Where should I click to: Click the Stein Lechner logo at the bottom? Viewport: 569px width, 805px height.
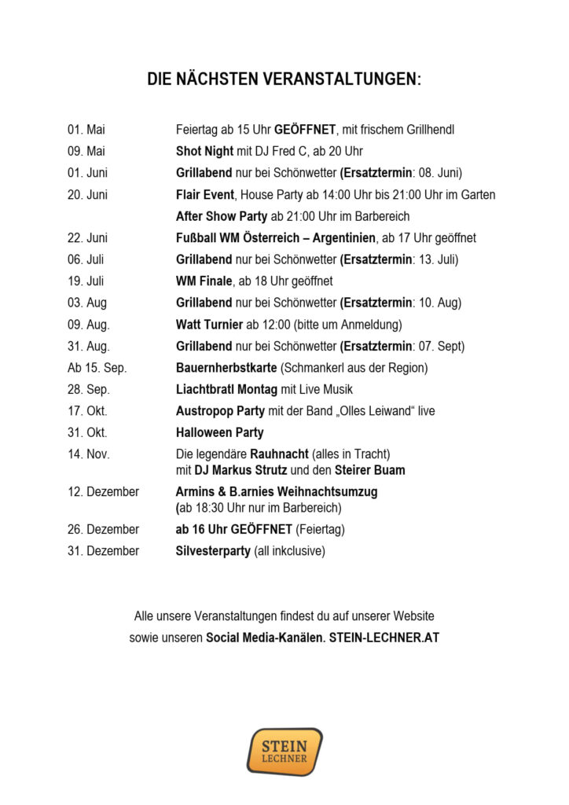pyautogui.click(x=284, y=751)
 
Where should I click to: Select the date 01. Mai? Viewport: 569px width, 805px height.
pyautogui.click(x=86, y=130)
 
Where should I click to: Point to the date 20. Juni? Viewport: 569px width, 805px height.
pyautogui.click(x=87, y=194)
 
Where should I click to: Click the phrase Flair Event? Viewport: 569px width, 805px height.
pyautogui.click(x=205, y=194)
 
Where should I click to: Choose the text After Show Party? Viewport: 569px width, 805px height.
pyautogui.click(x=222, y=216)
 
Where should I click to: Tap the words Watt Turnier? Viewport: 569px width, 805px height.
pyautogui.click(x=209, y=324)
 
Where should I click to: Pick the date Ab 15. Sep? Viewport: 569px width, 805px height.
pyautogui.click(x=97, y=367)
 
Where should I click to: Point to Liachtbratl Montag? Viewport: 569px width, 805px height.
pyautogui.click(x=226, y=389)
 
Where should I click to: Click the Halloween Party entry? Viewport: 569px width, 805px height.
pyautogui.click(x=219, y=432)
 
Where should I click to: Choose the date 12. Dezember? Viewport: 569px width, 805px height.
pyautogui.click(x=103, y=491)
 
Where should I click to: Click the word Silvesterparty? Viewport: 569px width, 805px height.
pyautogui.click(x=212, y=551)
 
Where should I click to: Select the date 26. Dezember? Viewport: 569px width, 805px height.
pyautogui.click(x=103, y=529)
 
